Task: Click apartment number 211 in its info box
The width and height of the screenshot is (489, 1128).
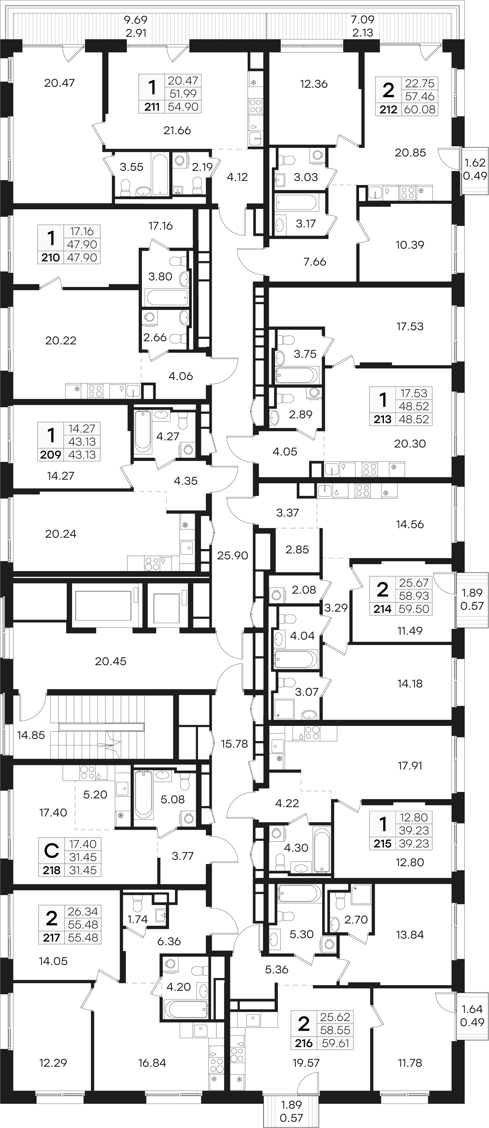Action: tap(152, 106)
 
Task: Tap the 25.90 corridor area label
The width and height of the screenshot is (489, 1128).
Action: tap(233, 555)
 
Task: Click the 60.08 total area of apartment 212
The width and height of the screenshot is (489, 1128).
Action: tap(420, 109)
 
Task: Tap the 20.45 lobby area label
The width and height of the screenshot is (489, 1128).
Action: tap(111, 661)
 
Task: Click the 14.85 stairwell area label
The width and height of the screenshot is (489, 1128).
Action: tap(31, 735)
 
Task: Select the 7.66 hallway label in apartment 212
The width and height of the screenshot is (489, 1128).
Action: tap(315, 262)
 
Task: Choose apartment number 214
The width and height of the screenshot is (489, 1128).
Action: tap(383, 609)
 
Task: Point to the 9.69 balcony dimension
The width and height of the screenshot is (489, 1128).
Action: tap(136, 20)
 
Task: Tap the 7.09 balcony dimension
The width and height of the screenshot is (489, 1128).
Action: tap(363, 20)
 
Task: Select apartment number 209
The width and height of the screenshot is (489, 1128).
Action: tap(50, 455)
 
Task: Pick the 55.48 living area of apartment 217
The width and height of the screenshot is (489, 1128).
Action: tap(83, 924)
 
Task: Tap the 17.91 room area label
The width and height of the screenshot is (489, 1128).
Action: tap(410, 766)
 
